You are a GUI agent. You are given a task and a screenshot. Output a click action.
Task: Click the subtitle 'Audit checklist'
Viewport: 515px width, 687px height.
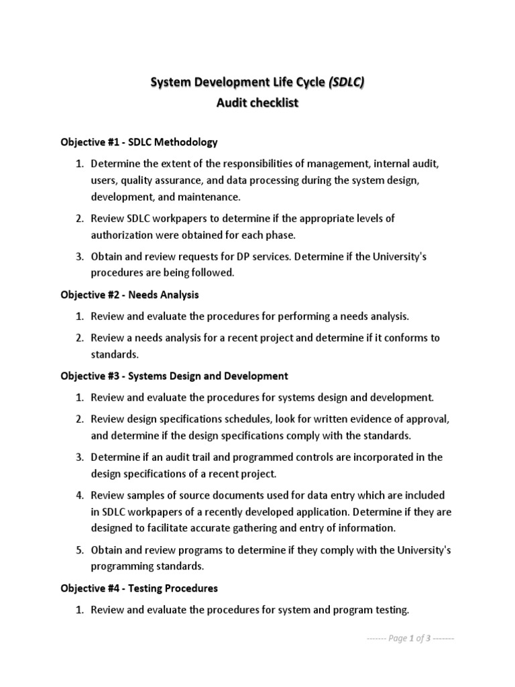point(257,104)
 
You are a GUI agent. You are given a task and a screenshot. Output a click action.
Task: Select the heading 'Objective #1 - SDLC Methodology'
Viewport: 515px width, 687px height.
point(139,142)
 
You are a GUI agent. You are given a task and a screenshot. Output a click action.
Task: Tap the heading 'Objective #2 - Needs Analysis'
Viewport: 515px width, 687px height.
point(129,295)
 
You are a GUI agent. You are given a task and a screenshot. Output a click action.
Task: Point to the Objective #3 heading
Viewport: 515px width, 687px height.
point(174,376)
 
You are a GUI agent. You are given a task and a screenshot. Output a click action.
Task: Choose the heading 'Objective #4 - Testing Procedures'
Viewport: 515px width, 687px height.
point(139,588)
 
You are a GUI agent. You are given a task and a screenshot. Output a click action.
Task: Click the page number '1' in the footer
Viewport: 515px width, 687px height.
point(412,639)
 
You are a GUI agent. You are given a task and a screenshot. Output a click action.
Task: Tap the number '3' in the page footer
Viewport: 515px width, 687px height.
point(428,639)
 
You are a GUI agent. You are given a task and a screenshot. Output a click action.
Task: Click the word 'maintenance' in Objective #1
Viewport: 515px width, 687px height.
point(210,197)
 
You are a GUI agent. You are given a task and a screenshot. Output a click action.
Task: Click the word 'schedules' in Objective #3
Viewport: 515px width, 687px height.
point(260,419)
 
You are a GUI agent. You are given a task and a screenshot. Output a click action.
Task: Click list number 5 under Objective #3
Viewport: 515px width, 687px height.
point(78,550)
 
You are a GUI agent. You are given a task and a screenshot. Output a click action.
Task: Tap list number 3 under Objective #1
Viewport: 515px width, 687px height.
point(78,256)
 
